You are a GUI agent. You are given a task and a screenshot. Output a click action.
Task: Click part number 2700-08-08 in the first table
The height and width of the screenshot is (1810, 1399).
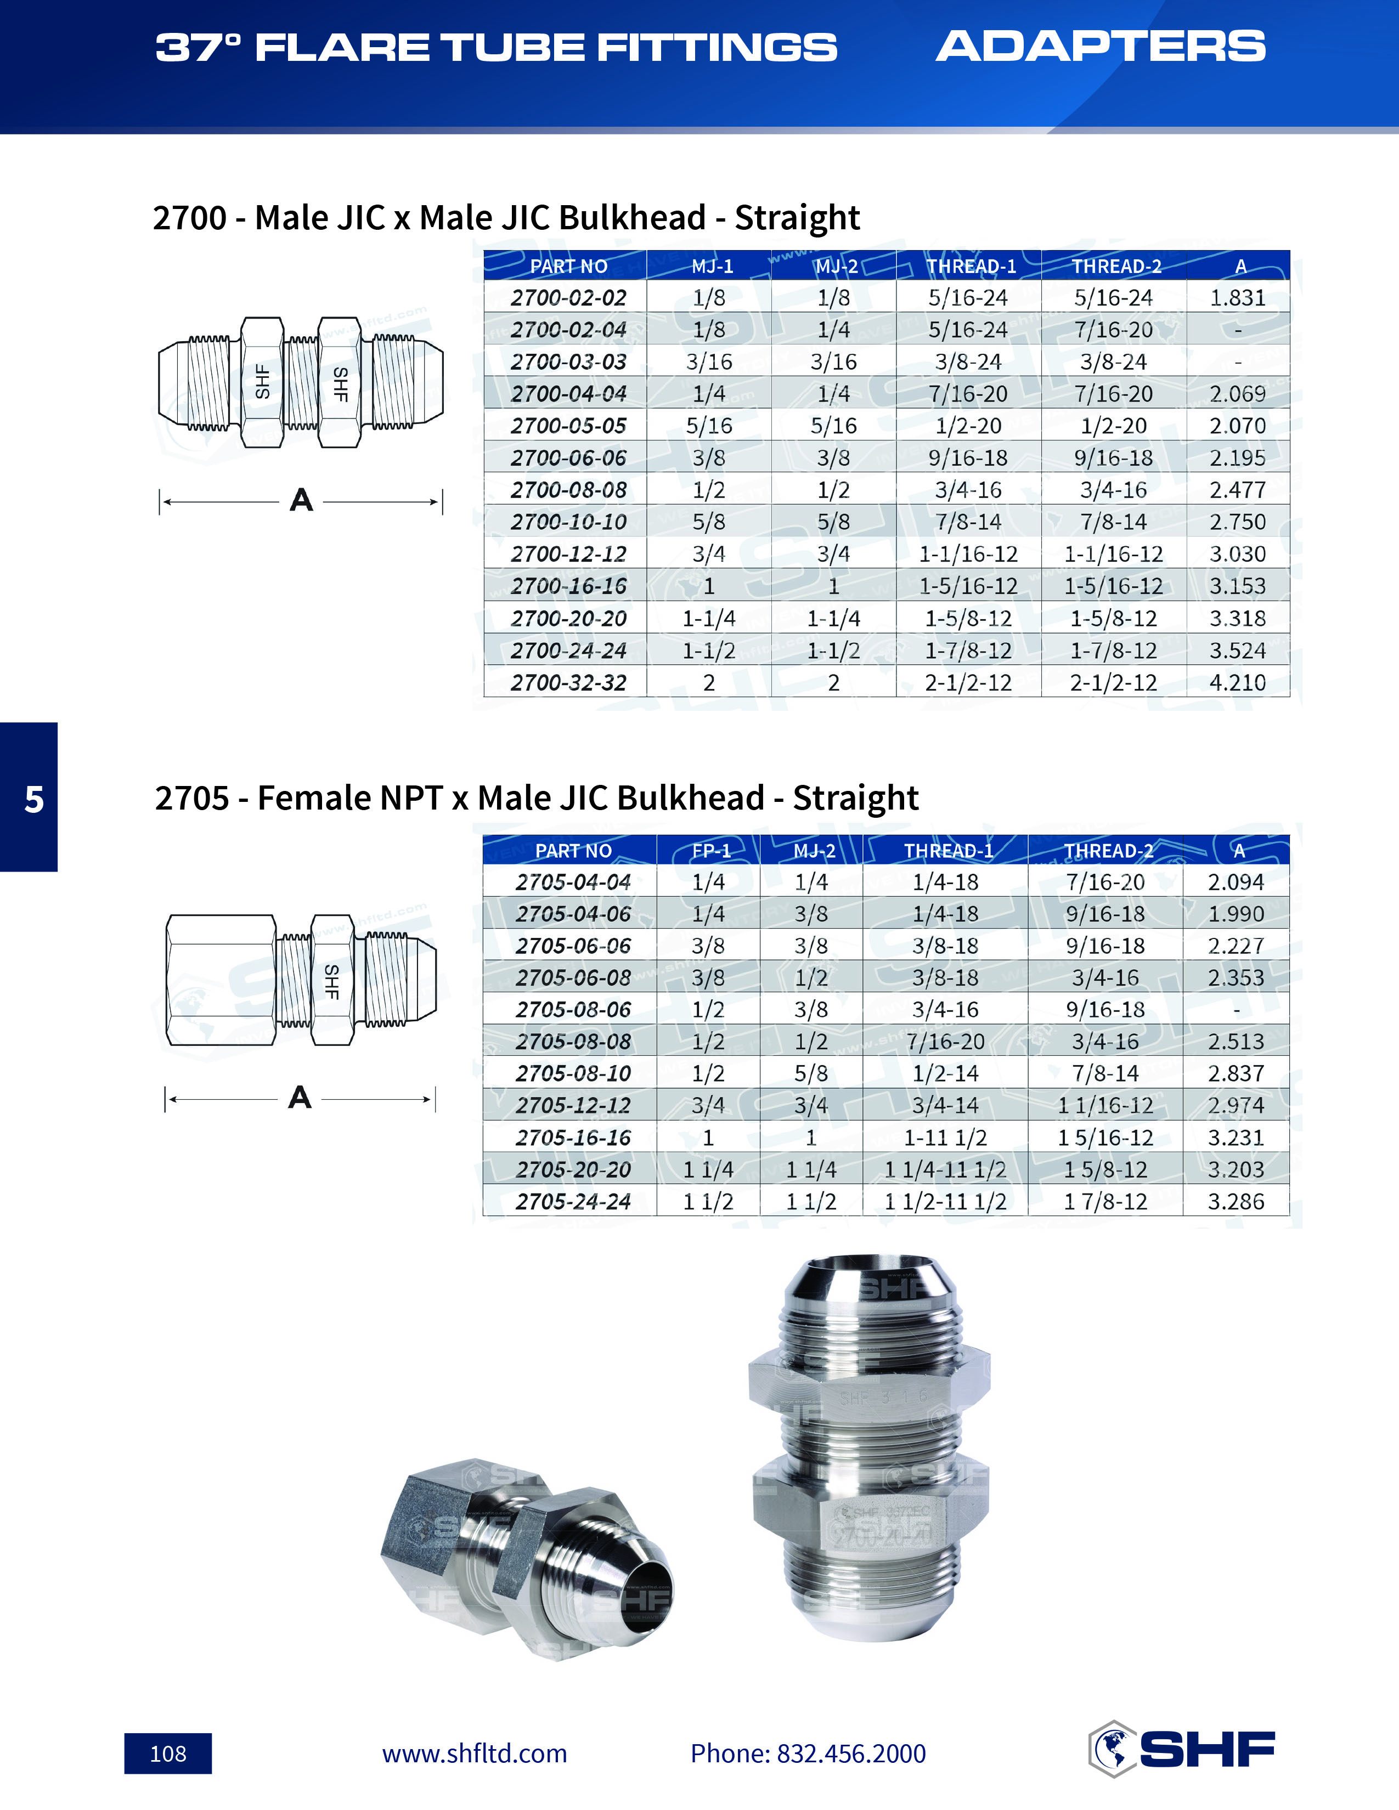coord(568,490)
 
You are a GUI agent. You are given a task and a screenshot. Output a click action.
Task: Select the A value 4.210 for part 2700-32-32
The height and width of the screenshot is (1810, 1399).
coord(1237,682)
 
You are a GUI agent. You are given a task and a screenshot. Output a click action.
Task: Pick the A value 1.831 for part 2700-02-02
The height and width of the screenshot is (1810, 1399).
coord(1237,297)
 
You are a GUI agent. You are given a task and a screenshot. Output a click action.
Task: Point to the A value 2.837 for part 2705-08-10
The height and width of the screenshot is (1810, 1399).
coord(1236,1073)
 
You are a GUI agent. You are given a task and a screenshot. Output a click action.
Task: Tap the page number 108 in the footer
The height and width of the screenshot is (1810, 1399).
coord(168,1753)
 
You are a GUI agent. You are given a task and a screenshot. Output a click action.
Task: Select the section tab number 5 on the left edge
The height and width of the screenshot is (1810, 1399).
coord(33,799)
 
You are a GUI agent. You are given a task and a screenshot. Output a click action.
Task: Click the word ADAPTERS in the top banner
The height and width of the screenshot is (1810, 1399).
coord(1101,47)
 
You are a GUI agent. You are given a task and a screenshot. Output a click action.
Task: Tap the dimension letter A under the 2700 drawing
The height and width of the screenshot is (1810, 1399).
coord(301,501)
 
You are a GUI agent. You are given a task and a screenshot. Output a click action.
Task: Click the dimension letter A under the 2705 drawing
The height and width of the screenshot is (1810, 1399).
coord(299,1098)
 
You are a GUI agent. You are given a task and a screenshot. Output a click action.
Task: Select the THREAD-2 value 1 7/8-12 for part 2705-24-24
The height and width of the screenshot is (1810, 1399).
coord(1105,1202)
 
